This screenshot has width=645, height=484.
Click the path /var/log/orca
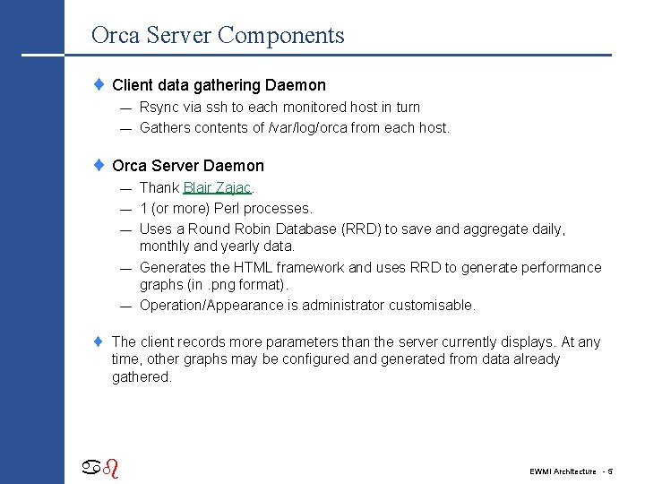(307, 128)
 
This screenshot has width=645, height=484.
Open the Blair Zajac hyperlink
(217, 188)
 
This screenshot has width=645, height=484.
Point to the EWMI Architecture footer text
(562, 471)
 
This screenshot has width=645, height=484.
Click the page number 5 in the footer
(610, 471)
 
